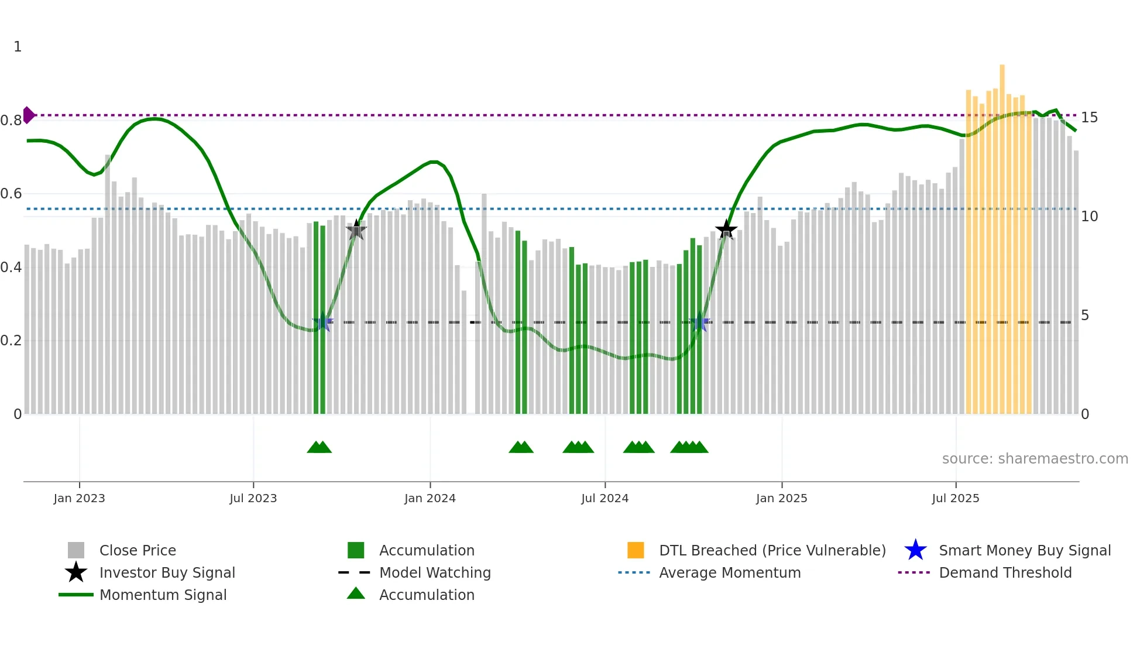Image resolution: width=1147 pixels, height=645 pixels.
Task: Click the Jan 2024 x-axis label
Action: [x=430, y=498]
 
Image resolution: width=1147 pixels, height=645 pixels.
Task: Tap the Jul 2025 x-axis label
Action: [x=955, y=498]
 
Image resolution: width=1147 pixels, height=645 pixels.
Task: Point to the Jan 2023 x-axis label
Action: [x=79, y=498]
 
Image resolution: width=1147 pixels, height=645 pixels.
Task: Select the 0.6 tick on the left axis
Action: [x=11, y=194]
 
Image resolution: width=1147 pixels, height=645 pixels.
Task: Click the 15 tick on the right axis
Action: [x=1089, y=118]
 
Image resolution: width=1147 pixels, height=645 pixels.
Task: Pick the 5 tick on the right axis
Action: [x=1085, y=315]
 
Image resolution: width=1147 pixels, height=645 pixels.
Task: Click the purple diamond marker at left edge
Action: [x=28, y=115]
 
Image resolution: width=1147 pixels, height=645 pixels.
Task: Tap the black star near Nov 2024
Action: [x=726, y=229]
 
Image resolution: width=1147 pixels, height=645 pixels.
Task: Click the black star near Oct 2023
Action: [x=356, y=230]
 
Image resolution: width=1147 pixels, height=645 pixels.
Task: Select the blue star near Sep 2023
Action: [x=322, y=321]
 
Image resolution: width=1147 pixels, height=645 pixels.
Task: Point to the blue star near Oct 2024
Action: [x=699, y=322]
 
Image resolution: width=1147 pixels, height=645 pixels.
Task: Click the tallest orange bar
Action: [x=1002, y=234]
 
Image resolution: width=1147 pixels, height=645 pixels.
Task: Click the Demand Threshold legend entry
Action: [x=1005, y=572]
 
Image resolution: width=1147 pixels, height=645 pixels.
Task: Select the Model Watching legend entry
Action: [x=434, y=572]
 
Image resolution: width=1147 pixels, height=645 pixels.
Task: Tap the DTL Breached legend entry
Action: [x=772, y=550]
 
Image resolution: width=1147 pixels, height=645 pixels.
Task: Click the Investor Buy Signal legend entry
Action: [x=167, y=572]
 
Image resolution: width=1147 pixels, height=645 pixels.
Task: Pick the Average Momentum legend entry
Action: [x=729, y=572]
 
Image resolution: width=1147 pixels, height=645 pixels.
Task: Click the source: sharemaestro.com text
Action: [x=1035, y=459]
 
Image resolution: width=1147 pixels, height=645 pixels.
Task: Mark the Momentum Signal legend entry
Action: [x=162, y=595]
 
